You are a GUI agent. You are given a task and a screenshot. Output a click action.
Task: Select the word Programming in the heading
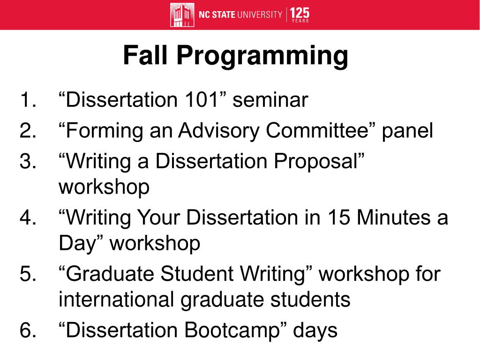(x=262, y=57)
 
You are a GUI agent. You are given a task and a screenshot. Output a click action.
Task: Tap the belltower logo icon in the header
(x=182, y=15)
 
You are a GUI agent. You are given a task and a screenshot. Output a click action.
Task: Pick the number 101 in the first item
(x=199, y=100)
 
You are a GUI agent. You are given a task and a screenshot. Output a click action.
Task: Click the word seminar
(x=270, y=100)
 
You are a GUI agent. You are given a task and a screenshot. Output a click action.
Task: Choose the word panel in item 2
(x=407, y=131)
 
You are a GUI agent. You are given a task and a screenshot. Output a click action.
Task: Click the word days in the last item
(x=315, y=330)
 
